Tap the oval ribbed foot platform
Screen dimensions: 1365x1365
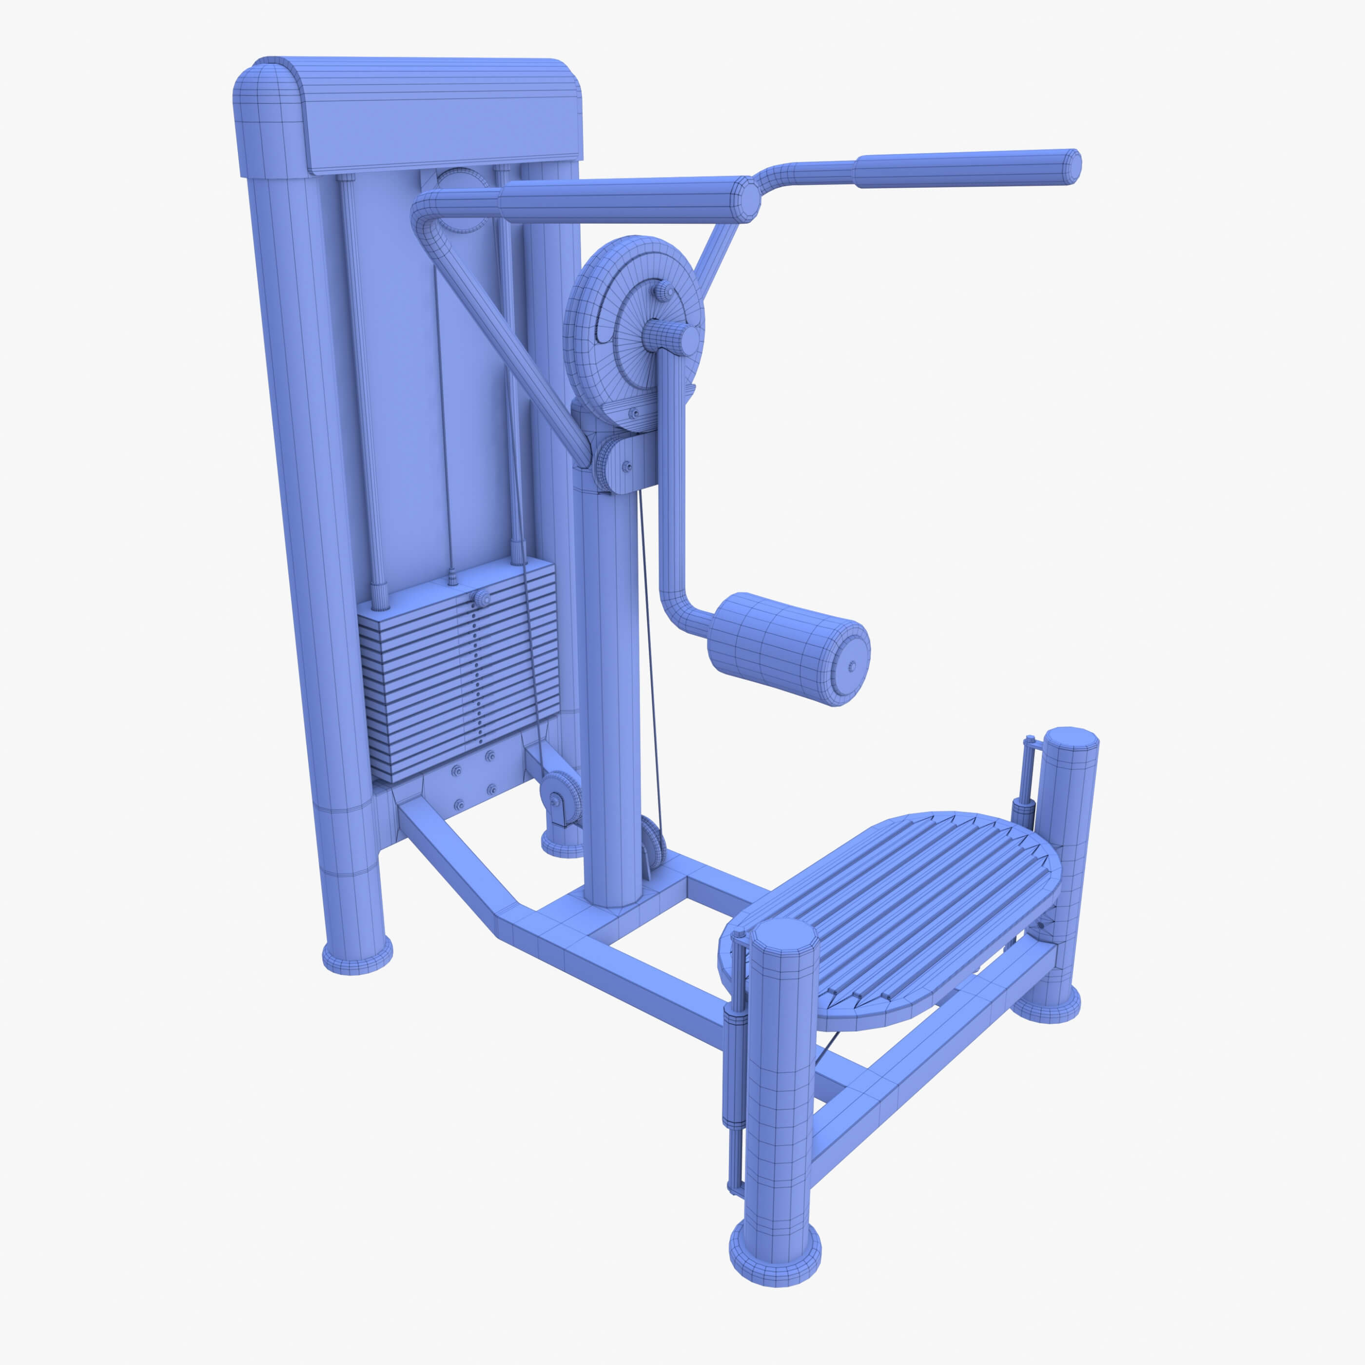coord(890,918)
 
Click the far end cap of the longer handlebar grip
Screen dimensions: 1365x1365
coord(1072,167)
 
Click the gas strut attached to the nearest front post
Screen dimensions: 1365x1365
coord(735,1060)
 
